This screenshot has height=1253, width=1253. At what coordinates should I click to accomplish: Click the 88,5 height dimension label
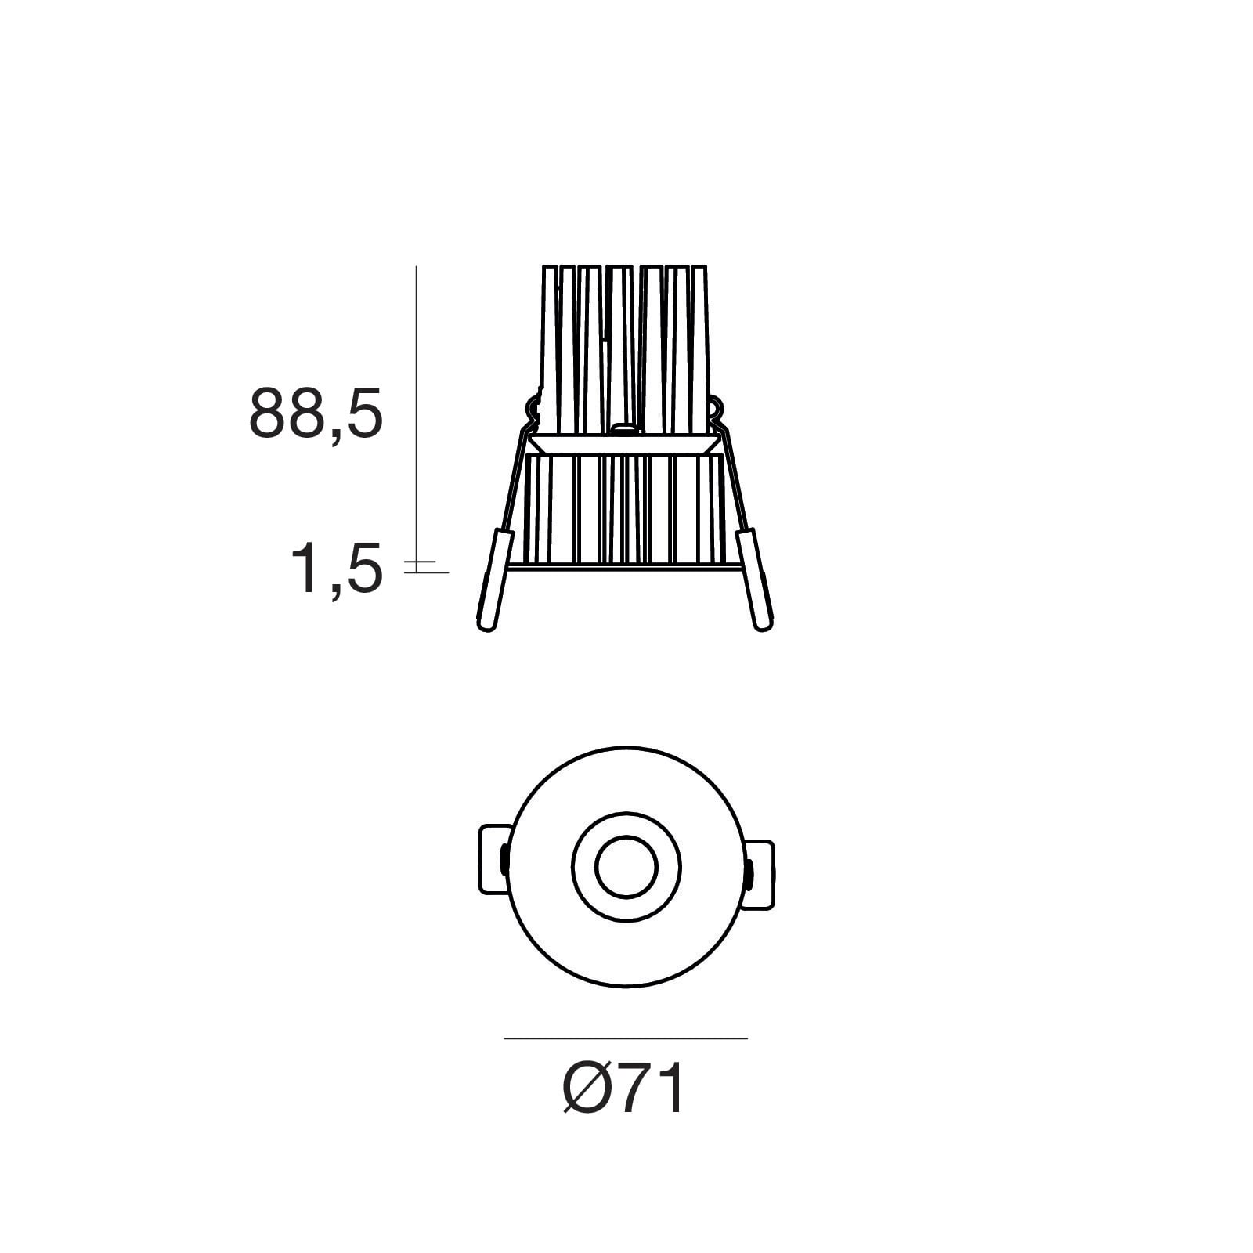(x=316, y=413)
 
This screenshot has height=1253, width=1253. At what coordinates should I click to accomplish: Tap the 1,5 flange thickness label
(x=337, y=569)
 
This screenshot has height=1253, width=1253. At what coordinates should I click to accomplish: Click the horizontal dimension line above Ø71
(x=626, y=1038)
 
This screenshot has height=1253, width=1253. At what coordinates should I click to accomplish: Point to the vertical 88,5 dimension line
(x=416, y=413)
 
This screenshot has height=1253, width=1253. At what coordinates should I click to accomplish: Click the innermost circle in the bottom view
(x=626, y=867)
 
